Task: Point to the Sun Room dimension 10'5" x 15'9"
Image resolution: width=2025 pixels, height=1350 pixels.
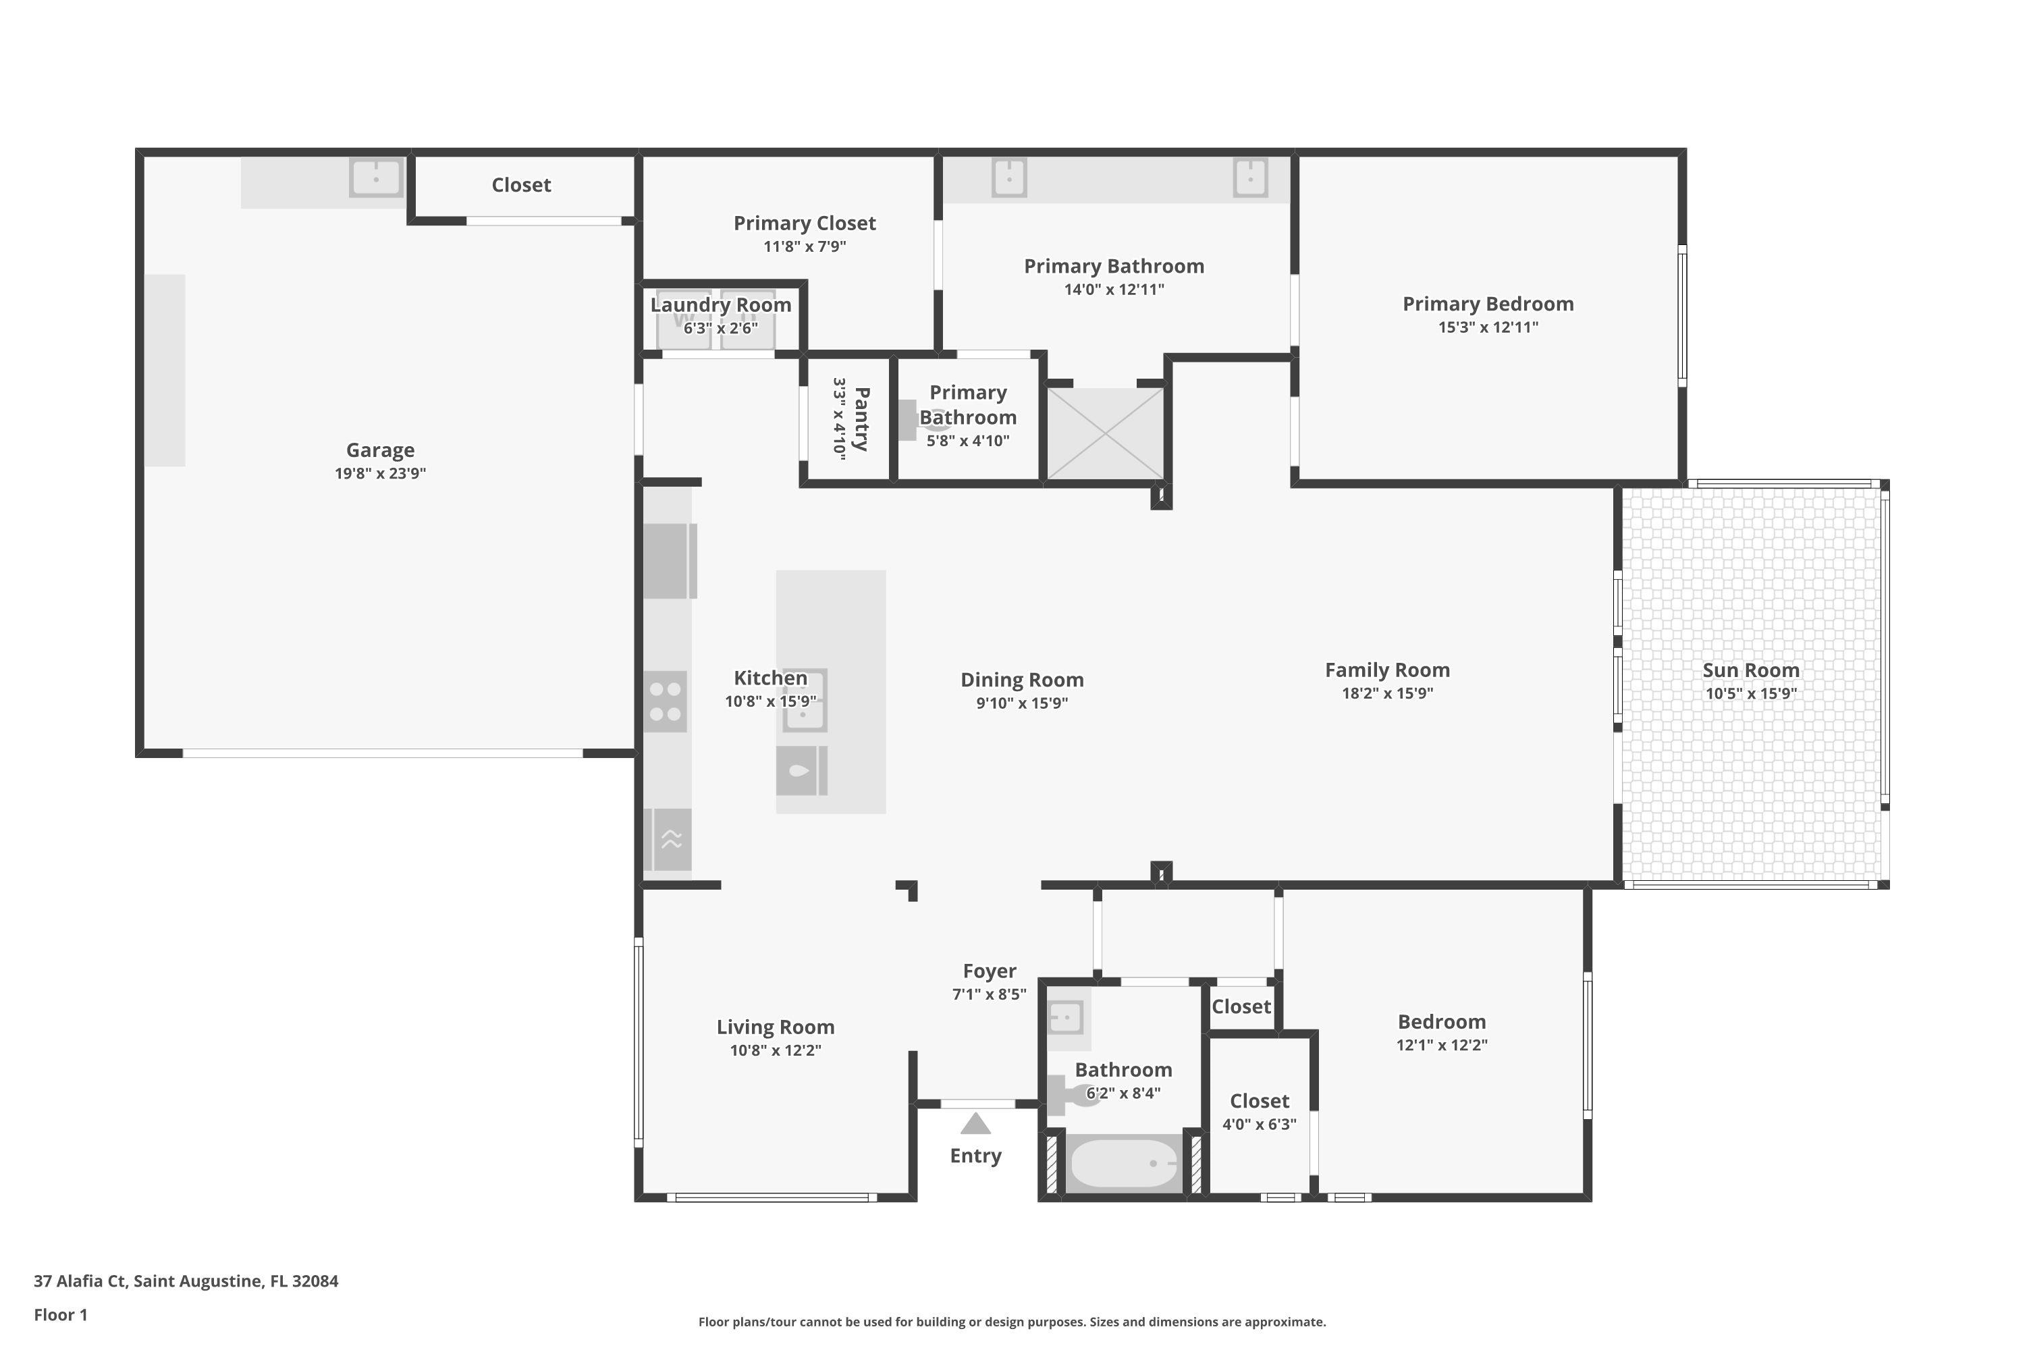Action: pos(1750,693)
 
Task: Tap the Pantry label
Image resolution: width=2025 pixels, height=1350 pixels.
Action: pos(860,418)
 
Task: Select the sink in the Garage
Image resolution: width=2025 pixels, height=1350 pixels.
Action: pos(375,178)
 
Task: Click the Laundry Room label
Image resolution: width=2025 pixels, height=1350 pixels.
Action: pos(721,305)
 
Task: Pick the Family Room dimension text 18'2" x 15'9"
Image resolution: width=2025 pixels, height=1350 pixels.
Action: pos(1387,693)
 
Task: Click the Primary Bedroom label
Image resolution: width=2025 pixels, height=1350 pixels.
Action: pos(1488,304)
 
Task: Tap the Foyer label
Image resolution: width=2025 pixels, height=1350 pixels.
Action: pos(990,971)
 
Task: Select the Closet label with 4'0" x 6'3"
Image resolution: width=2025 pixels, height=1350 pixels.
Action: pos(1259,1101)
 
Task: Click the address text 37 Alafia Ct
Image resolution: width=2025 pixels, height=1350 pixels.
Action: pos(81,1280)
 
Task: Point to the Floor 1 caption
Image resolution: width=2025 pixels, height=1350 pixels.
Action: pos(60,1315)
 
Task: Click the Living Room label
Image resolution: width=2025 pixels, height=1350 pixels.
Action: pos(775,1027)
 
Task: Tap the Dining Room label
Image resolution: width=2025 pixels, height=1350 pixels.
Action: pos(1022,680)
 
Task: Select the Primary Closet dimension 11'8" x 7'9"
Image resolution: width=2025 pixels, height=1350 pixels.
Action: pos(804,246)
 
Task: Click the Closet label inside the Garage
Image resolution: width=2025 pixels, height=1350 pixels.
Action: pos(521,185)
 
